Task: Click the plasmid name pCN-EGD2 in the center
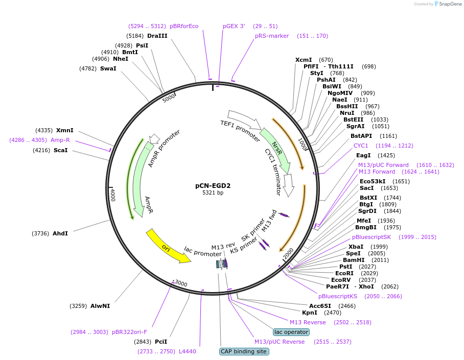(x=213, y=185)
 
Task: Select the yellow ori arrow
(x=168, y=248)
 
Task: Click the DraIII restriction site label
(x=157, y=36)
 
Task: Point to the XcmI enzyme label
(x=304, y=60)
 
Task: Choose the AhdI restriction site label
(x=60, y=233)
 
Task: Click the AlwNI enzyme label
(x=100, y=306)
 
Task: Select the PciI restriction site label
(x=161, y=342)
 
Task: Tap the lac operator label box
(x=291, y=332)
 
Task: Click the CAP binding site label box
(x=244, y=351)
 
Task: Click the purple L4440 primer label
(x=188, y=351)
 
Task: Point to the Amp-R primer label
(x=60, y=140)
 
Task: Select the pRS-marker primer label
(x=272, y=36)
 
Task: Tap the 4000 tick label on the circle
(x=113, y=195)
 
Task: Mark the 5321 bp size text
(x=213, y=193)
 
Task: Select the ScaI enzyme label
(x=61, y=150)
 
